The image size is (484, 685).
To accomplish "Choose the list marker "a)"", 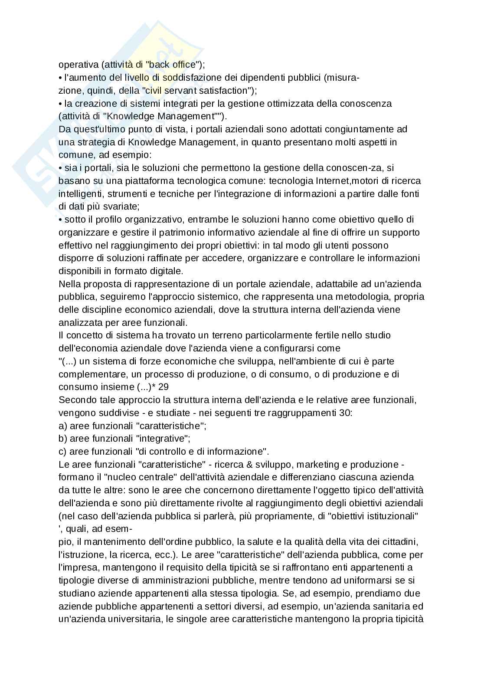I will coord(62,426).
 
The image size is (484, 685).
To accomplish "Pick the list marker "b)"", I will coord(62,438).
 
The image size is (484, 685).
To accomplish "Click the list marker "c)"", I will coord(62,451).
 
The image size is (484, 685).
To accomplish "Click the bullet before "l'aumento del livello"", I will coord(60,78).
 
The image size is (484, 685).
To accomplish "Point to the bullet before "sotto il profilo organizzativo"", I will coord(60,220).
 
